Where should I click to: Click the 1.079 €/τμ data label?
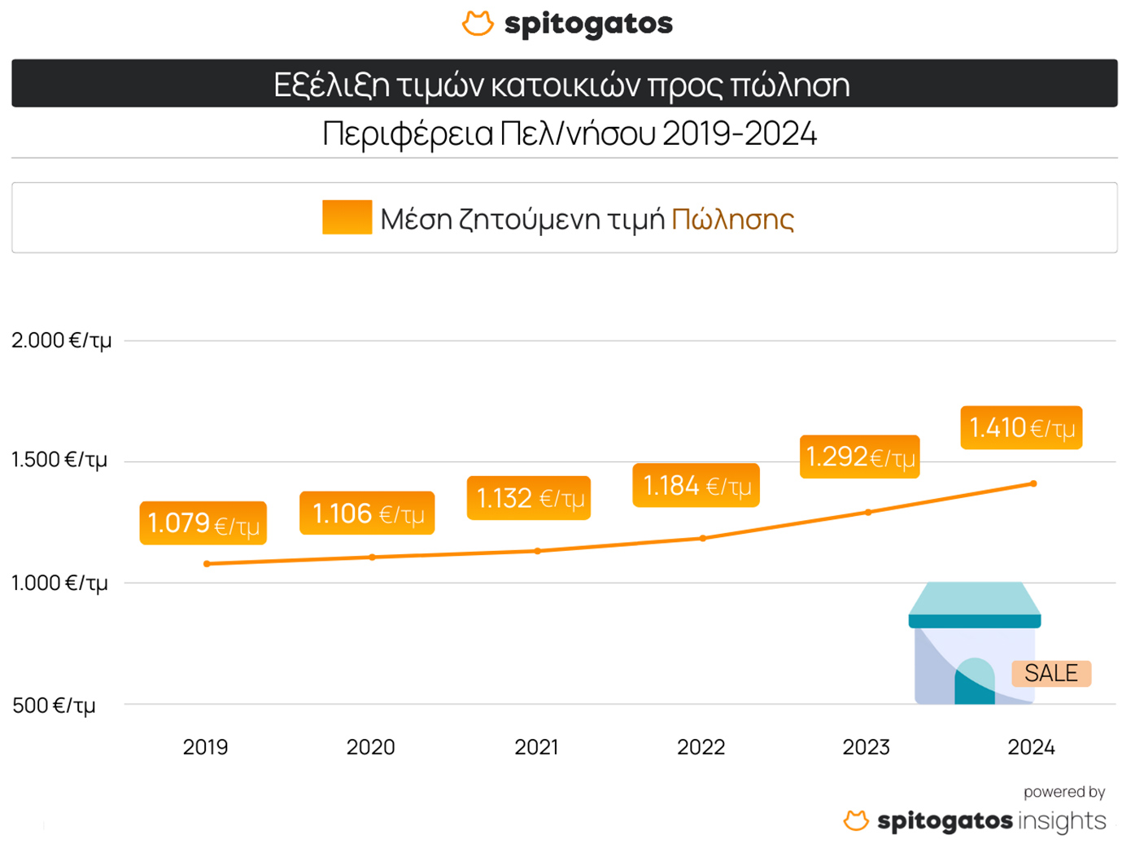click(x=203, y=523)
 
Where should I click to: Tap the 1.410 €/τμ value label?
click(x=1021, y=428)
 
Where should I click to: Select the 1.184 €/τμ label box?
click(x=696, y=486)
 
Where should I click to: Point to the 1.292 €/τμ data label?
click(x=859, y=457)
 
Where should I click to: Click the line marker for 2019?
click(x=207, y=564)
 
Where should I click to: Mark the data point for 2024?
click(x=1033, y=483)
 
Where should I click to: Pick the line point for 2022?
click(x=703, y=538)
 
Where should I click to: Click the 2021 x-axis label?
click(x=536, y=747)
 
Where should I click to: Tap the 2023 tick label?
click(x=866, y=747)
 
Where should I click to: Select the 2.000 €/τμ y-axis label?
click(x=62, y=340)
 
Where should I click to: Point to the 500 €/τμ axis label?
click(x=54, y=705)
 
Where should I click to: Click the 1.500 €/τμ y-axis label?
click(x=59, y=461)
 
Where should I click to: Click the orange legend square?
click(x=347, y=217)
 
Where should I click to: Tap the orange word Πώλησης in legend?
click(x=732, y=219)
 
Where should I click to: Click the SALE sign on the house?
click(x=1050, y=673)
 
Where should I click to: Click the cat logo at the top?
click(x=478, y=23)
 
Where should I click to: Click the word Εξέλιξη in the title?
click(x=331, y=85)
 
